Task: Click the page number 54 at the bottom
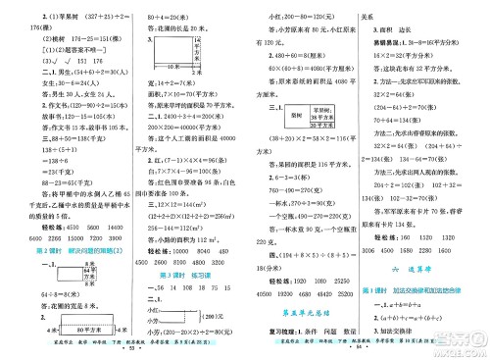click(366, 348)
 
